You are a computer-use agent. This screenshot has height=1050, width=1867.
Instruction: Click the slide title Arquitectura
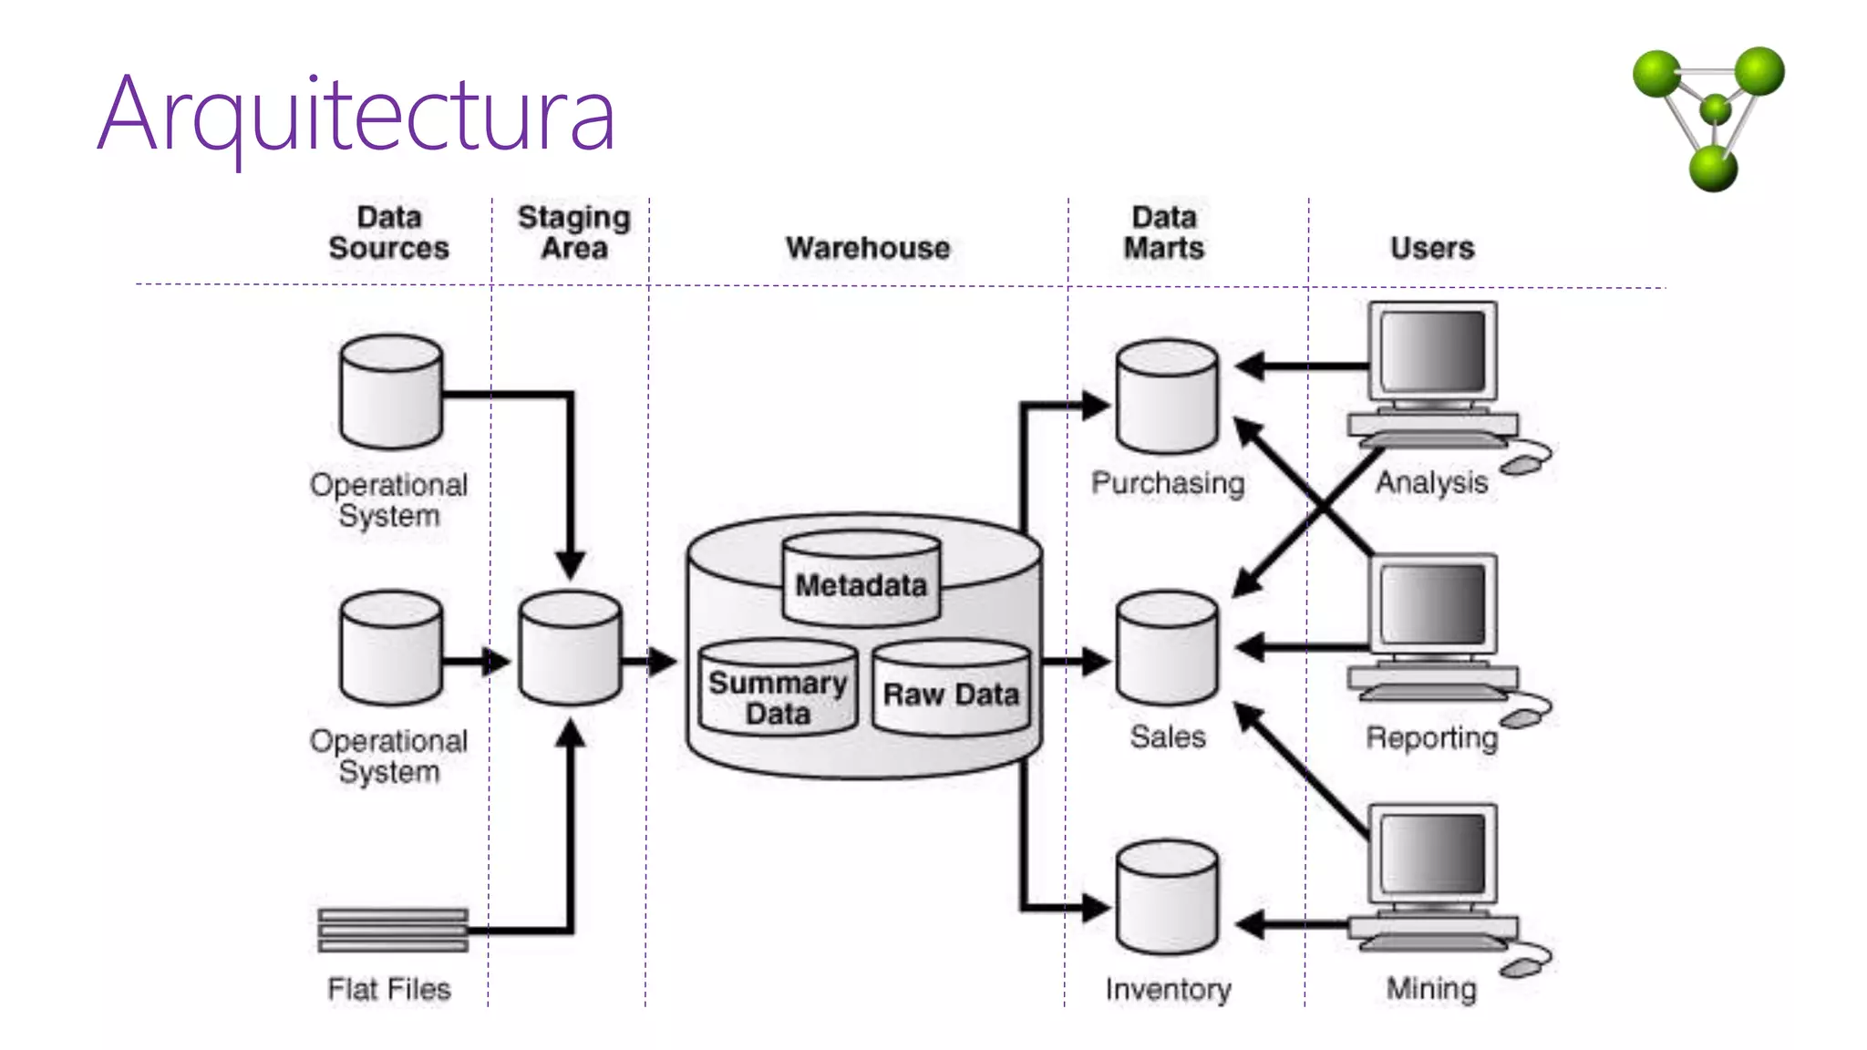(x=356, y=114)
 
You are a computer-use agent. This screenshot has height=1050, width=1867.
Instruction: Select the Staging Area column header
(x=574, y=232)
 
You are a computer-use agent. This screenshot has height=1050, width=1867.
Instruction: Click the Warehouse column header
(x=868, y=248)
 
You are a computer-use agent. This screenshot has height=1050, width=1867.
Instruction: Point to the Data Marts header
(x=1164, y=232)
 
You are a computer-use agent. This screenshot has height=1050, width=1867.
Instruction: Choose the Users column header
(x=1432, y=248)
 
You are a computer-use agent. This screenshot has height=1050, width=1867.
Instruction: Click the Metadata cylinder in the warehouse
(x=861, y=581)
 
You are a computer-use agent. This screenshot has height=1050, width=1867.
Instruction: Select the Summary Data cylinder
(x=778, y=690)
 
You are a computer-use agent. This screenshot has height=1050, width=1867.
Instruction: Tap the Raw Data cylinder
(x=951, y=690)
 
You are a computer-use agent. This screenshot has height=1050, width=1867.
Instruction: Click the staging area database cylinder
(x=571, y=649)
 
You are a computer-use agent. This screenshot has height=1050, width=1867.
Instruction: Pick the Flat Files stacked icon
(x=393, y=930)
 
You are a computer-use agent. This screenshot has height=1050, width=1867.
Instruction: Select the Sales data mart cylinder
(x=1167, y=649)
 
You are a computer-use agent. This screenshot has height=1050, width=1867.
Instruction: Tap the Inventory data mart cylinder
(x=1167, y=898)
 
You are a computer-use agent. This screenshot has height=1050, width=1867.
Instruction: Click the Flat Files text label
(x=389, y=989)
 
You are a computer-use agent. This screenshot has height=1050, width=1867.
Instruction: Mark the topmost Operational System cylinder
(x=391, y=392)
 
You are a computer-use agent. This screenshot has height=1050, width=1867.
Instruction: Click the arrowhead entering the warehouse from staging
(x=664, y=661)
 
